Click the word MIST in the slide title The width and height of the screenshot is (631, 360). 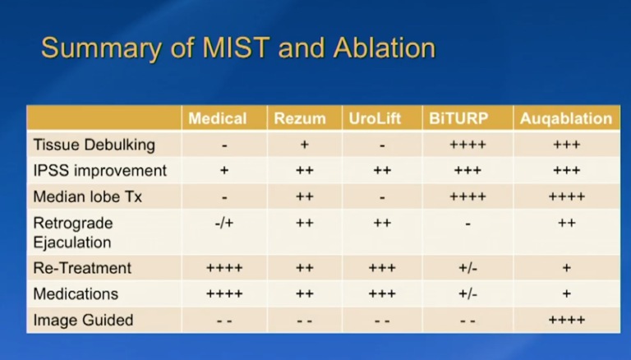(x=229, y=48)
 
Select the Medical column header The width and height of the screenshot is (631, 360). (x=217, y=118)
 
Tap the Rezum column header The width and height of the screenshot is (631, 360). (x=303, y=118)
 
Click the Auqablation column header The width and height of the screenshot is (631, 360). (x=566, y=118)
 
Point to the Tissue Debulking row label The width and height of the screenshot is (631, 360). (x=94, y=145)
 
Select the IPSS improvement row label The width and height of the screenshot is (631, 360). (x=99, y=171)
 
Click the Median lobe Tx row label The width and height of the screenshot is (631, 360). (x=88, y=197)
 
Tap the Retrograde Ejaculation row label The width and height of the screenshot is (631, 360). (x=73, y=233)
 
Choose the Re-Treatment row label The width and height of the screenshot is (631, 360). (x=82, y=268)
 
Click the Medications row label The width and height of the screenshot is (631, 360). (x=76, y=293)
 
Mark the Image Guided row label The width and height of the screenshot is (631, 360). (x=83, y=320)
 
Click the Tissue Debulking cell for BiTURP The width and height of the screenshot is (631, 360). (x=467, y=145)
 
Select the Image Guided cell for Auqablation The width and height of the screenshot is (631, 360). (x=566, y=321)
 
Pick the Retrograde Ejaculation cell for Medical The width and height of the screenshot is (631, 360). (x=224, y=223)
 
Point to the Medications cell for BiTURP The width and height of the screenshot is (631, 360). (x=467, y=294)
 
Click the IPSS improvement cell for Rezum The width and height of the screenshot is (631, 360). (x=303, y=171)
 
